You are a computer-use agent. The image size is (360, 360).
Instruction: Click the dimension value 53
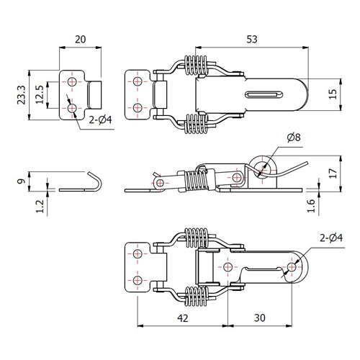point(252,40)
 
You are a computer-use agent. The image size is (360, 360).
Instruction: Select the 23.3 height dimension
point(22,95)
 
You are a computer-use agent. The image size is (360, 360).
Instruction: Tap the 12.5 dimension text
point(40,94)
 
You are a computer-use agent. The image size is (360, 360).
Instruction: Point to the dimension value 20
point(81,40)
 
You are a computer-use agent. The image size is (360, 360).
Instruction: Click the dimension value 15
point(333,94)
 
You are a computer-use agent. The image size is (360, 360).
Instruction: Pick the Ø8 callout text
point(294,138)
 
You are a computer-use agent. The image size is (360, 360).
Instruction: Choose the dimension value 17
point(333,174)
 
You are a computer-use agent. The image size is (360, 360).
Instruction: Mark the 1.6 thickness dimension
point(311,205)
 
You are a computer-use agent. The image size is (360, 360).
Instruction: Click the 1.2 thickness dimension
point(40,207)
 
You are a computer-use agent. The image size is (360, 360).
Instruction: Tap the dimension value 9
point(22,181)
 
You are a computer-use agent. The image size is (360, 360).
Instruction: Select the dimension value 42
point(183,318)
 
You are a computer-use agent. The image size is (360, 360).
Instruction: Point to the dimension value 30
point(260,318)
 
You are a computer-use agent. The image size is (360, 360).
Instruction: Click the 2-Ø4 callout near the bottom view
point(331,238)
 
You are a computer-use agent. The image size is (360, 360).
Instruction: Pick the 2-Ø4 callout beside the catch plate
point(100,120)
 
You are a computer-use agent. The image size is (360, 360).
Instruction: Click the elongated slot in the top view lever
point(264,94)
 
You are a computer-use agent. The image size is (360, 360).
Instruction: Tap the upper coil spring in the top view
point(196,65)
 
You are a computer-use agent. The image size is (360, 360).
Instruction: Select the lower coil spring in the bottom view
point(196,297)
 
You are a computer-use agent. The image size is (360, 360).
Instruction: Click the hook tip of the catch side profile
point(89,173)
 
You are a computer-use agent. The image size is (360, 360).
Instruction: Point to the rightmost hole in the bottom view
point(292,267)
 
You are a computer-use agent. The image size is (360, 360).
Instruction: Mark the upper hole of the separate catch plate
point(72,81)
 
